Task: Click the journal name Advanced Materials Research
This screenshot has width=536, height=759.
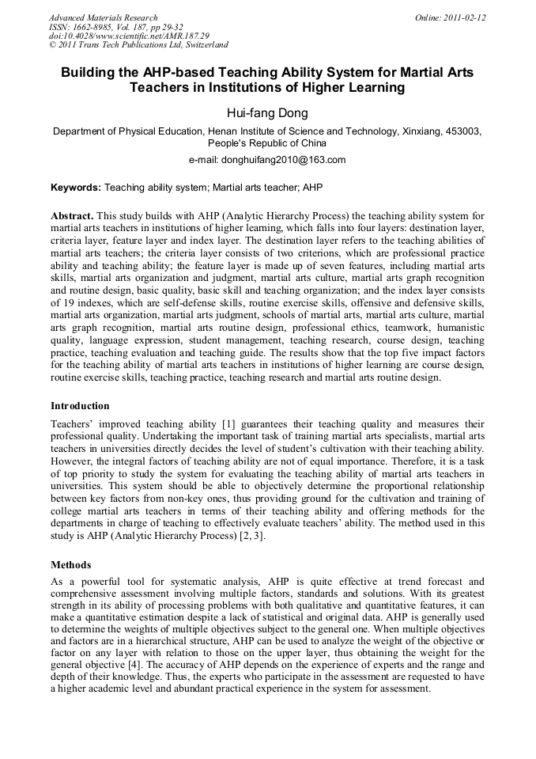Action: pyautogui.click(x=103, y=17)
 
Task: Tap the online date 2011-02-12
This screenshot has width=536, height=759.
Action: pyautogui.click(x=461, y=17)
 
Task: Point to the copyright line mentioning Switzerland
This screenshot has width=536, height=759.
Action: pyautogui.click(x=138, y=45)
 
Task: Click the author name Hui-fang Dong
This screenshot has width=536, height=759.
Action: pyautogui.click(x=266, y=112)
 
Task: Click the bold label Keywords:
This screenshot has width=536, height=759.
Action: pyautogui.click(x=76, y=188)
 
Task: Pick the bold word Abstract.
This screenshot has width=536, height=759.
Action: pyautogui.click(x=73, y=215)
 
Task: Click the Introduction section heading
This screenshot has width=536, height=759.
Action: pyautogui.click(x=80, y=406)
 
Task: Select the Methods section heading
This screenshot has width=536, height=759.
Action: pyautogui.click(x=71, y=565)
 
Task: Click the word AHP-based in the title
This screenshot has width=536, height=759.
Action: pyautogui.click(x=174, y=72)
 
